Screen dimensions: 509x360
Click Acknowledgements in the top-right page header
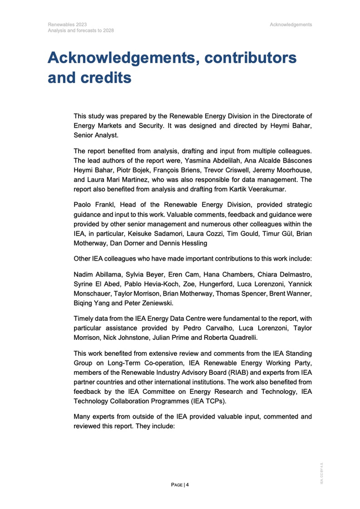pyautogui.click(x=290, y=24)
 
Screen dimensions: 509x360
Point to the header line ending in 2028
pyautogui.click(x=81, y=30)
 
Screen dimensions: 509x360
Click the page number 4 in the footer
pyautogui.click(x=188, y=485)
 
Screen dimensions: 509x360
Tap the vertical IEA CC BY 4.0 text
pyautogui.click(x=322, y=473)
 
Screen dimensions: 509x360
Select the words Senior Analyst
pyautogui.click(x=96, y=136)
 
